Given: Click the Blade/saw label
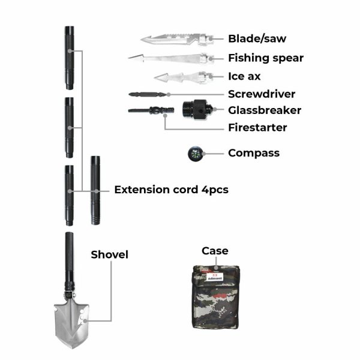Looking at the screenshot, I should (x=257, y=39).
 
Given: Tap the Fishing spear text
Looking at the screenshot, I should (x=266, y=58).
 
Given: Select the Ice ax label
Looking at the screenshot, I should (x=245, y=76).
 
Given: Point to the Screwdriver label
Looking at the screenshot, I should (x=262, y=94).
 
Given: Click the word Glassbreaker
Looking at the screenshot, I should (x=265, y=110).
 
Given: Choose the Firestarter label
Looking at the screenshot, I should (x=257, y=127).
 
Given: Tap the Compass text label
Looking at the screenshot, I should (x=254, y=153).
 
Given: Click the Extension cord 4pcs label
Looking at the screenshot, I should (x=171, y=190).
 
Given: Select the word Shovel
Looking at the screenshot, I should (x=110, y=254).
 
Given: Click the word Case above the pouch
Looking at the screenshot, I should (x=215, y=250).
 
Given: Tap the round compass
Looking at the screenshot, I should (x=193, y=154).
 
